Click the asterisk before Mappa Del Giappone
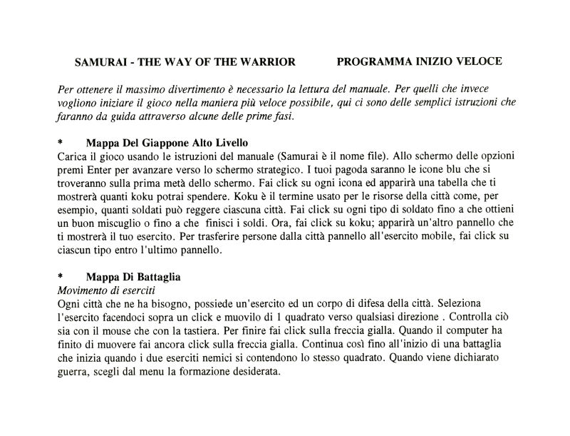click(60, 143)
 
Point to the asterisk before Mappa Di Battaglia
click(60, 278)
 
